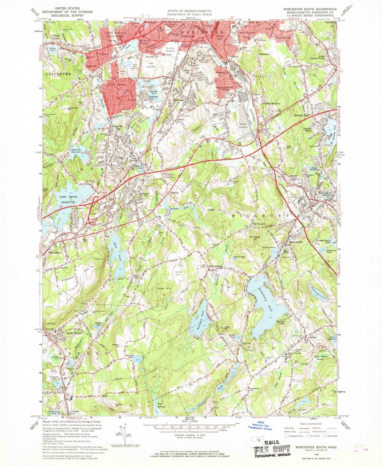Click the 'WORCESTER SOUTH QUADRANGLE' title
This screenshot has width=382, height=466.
pyautogui.click(x=306, y=8)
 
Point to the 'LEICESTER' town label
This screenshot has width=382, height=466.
pyautogui.click(x=58, y=74)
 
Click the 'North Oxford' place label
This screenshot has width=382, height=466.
pyautogui.click(x=72, y=333)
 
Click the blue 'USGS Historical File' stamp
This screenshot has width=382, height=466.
pyautogui.click(x=260, y=427)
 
